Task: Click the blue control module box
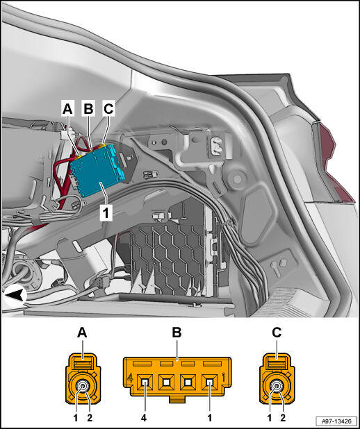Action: point(98,170)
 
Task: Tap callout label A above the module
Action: point(67,108)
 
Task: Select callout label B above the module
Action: point(88,108)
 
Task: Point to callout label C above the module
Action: point(108,108)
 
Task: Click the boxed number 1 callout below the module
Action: point(106,212)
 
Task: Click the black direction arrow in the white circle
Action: point(15,296)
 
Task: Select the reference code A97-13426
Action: point(336,421)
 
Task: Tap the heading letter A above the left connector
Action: point(82,333)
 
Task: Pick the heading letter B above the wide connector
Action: point(177,333)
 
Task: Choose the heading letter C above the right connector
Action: point(277,333)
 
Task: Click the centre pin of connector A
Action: point(83,387)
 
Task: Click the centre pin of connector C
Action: point(277,387)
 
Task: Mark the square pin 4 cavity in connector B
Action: point(145,382)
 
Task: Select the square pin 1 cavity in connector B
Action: point(210,382)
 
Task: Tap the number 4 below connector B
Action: point(144,418)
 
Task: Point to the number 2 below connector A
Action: point(90,418)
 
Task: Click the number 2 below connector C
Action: point(283,418)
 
